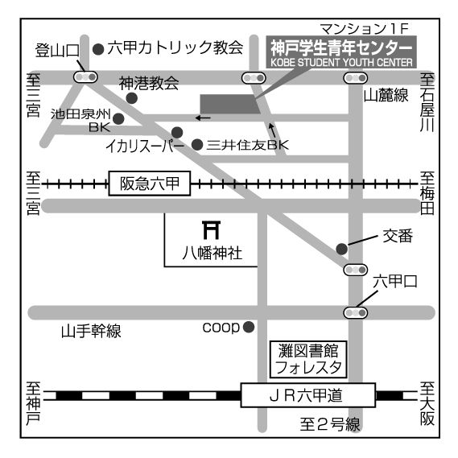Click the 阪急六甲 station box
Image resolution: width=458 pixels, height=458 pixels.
coord(150,184)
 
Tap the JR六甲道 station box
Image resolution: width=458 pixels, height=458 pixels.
coord(307,395)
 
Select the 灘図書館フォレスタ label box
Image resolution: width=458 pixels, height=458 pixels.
coord(308,359)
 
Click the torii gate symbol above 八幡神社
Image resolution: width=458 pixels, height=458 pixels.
coord(211,230)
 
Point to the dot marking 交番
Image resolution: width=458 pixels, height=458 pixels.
coord(342,249)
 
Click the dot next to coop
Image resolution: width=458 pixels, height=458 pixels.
coord(249,327)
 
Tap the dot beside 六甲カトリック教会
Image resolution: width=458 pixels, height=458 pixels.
coord(98,49)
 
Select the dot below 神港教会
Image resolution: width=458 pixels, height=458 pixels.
coord(132,98)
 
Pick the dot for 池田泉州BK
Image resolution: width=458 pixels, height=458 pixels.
coord(118,118)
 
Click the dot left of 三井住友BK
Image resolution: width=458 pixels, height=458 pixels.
coord(197,145)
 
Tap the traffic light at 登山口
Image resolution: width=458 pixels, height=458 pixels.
coord(85,77)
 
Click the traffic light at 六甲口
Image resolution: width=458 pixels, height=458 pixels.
coord(356,313)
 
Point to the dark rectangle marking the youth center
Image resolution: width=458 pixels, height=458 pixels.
coord(230,104)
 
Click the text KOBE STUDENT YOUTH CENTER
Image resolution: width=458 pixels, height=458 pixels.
coord(341,63)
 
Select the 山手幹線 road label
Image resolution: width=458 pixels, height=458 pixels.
coord(91,331)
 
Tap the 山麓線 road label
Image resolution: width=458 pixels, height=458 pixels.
coord(386,95)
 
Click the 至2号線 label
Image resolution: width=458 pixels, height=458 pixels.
coord(330,424)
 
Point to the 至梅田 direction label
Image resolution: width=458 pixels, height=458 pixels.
coord(427,193)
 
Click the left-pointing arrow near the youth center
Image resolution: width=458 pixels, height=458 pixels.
coord(203,118)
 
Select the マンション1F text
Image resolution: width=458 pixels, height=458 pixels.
coord(365,29)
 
